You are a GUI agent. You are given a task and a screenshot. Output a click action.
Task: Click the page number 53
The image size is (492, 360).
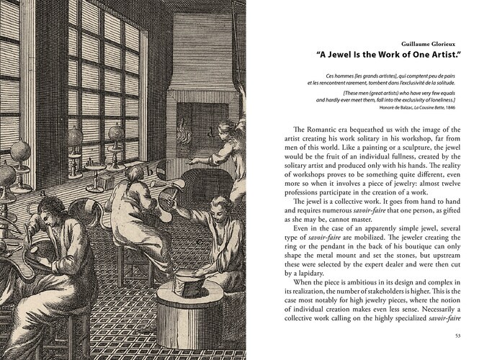click(458, 335)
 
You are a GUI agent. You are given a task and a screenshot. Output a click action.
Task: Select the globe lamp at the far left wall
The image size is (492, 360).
click(21, 153)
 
